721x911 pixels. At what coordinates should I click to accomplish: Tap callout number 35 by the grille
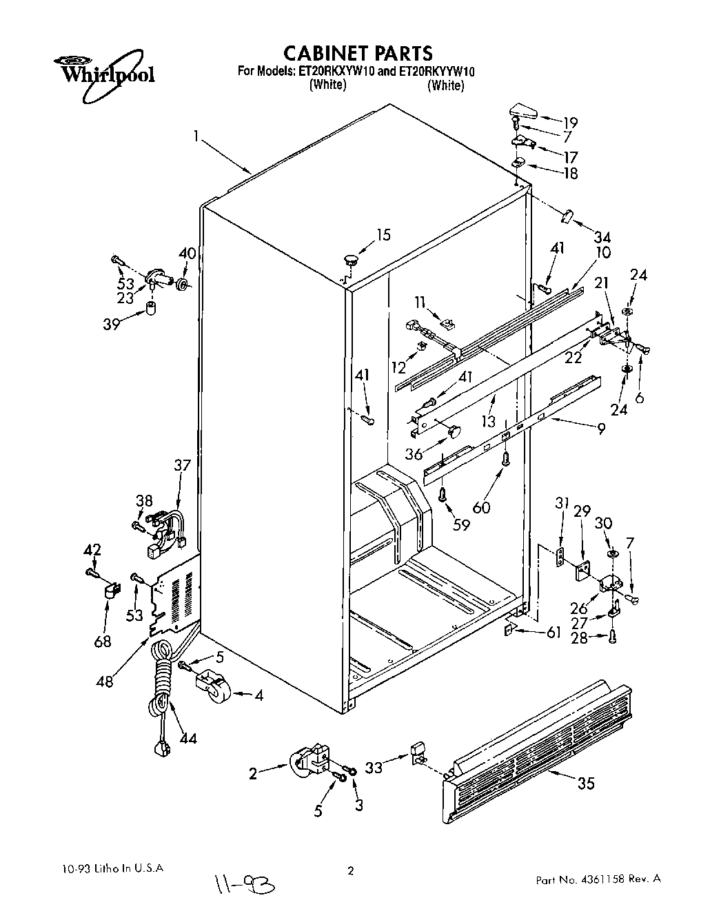[585, 784]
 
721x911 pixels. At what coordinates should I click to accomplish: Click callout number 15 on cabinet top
[383, 235]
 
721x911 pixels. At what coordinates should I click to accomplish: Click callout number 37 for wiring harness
[182, 465]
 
